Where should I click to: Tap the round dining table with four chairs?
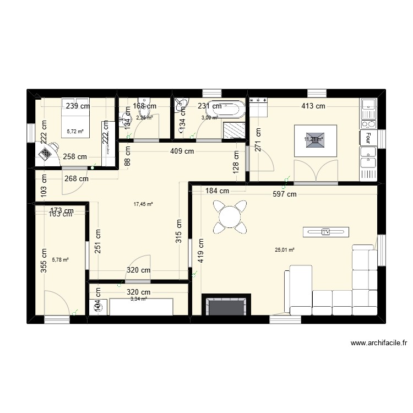point(230,215)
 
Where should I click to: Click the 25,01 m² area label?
point(285,249)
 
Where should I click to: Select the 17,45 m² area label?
point(143,204)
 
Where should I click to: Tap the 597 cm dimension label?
point(285,194)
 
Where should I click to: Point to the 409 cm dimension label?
point(182,151)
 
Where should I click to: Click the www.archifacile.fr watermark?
point(379,343)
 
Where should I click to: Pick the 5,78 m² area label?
point(59,259)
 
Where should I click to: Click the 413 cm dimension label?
point(313,106)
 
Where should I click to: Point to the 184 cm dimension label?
point(217,191)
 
